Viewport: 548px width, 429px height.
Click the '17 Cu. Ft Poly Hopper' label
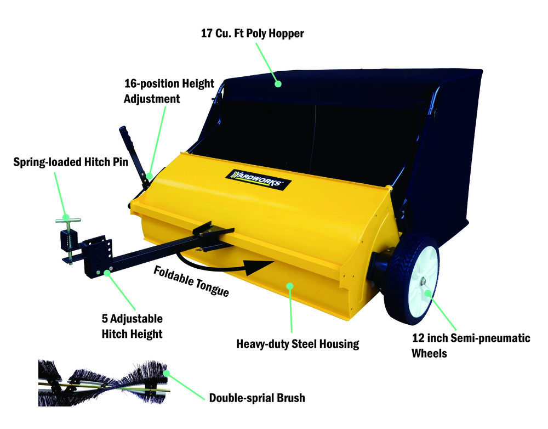(x=252, y=33)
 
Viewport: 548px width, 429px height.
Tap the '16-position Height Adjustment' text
(x=169, y=91)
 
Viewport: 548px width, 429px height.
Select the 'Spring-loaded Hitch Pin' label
(x=71, y=162)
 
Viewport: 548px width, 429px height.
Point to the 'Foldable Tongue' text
(x=191, y=281)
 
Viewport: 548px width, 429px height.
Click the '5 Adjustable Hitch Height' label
(x=132, y=326)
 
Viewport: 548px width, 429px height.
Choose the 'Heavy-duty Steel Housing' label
(x=298, y=344)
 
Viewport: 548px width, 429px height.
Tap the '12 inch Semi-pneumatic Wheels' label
(x=471, y=346)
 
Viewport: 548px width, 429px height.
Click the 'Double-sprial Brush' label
(x=257, y=398)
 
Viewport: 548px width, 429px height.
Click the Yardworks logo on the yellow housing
(x=259, y=179)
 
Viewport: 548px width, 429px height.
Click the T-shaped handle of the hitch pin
(x=68, y=220)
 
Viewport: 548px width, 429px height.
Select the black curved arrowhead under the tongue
(x=259, y=268)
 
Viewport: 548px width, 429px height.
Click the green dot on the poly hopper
(x=278, y=83)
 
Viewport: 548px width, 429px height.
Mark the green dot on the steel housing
(x=290, y=286)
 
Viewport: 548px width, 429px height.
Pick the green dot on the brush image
(x=167, y=374)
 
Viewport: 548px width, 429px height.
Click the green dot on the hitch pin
(x=66, y=217)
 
